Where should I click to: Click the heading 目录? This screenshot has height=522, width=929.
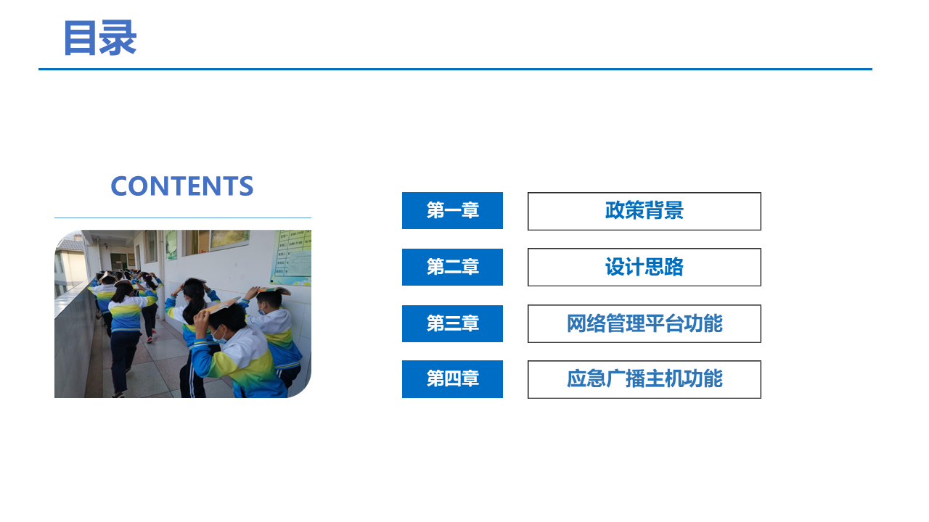pos(100,38)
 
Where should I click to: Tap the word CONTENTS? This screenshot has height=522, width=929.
pos(182,186)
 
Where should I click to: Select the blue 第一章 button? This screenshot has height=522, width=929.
pos(452,210)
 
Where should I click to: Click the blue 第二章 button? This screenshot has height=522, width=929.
pos(452,268)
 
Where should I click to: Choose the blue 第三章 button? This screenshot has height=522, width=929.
pos(452,323)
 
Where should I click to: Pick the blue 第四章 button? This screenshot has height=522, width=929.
pos(452,379)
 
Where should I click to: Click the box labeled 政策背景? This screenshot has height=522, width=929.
pos(644,211)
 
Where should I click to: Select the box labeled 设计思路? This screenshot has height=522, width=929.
pos(644,268)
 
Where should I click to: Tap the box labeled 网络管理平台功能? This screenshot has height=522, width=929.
pos(644,323)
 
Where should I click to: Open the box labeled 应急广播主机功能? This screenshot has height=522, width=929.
pos(644,379)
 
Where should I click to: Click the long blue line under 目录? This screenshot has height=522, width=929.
pos(455,69)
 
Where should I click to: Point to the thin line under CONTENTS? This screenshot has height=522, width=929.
pos(183,217)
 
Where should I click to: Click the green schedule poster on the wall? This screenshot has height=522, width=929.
pos(292,257)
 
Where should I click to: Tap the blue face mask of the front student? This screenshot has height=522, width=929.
pos(219,336)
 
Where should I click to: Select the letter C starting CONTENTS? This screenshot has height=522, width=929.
pos(120,186)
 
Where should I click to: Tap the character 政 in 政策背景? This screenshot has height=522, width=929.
pos(615,210)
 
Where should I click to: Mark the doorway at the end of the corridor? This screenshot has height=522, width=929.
pos(119,262)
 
